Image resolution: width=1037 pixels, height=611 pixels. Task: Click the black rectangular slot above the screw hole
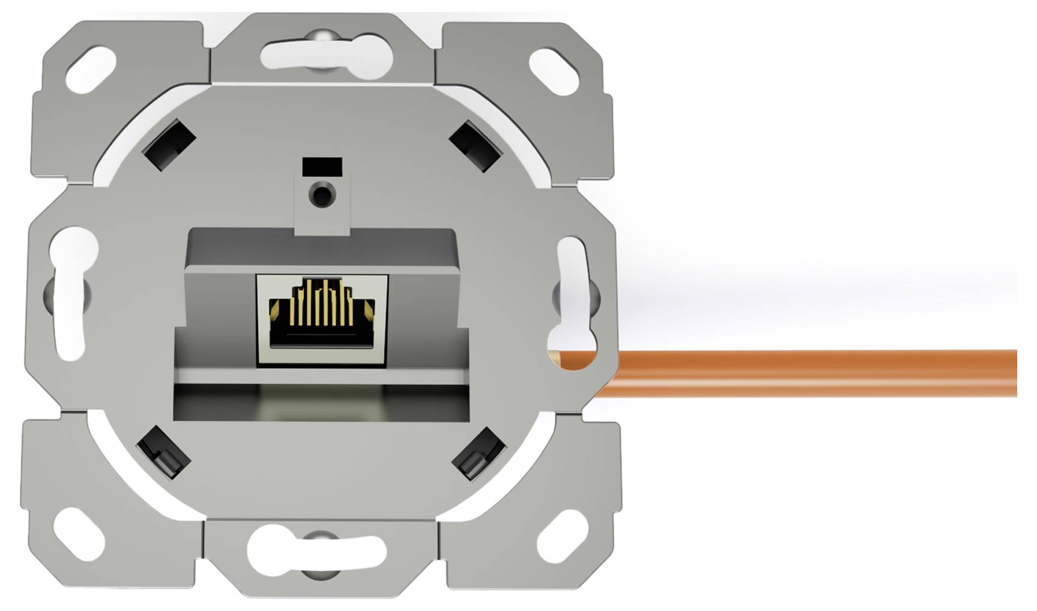click(322, 166)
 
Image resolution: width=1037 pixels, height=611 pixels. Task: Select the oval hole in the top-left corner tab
click(91, 70)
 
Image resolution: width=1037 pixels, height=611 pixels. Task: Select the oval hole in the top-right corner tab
click(553, 71)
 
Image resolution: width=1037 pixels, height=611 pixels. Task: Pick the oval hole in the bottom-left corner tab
click(79, 534)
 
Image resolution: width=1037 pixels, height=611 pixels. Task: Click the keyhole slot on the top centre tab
click(326, 55)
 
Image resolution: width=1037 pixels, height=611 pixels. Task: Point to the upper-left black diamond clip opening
click(169, 145)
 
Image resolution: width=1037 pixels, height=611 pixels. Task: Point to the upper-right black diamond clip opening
click(475, 146)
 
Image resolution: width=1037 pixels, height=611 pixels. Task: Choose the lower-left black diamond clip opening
click(163, 452)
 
